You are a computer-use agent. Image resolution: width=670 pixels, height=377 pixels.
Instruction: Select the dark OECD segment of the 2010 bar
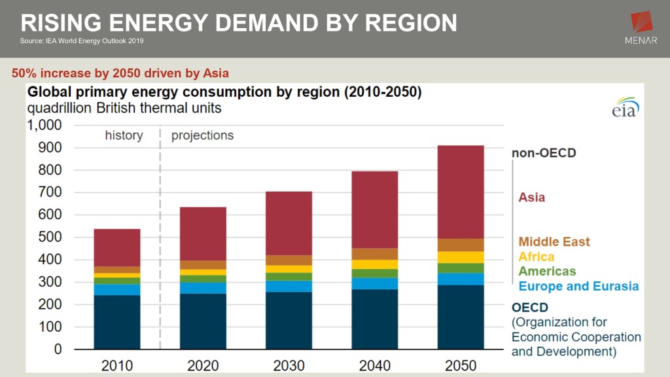[x=117, y=321]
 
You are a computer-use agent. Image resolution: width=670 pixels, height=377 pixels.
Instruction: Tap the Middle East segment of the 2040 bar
[x=374, y=254]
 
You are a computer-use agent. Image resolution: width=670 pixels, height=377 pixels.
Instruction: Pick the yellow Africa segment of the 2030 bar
[x=289, y=269]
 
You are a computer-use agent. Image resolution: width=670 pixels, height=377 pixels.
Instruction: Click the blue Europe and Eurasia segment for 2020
[x=203, y=288]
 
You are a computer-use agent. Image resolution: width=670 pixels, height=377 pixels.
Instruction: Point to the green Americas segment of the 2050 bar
[x=461, y=268]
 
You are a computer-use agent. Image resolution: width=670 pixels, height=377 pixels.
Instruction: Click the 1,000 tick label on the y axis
[x=44, y=125]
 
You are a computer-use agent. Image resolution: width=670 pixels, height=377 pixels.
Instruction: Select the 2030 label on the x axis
[x=289, y=365]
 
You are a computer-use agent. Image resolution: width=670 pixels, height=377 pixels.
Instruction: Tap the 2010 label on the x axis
[x=117, y=365]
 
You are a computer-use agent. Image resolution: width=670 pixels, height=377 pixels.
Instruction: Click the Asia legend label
[x=531, y=197]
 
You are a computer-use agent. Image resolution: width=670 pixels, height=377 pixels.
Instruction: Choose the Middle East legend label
[x=554, y=242]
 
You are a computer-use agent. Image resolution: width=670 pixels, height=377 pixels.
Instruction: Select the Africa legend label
[x=536, y=257]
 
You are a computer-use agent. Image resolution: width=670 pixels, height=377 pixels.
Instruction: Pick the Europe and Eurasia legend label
[x=578, y=286]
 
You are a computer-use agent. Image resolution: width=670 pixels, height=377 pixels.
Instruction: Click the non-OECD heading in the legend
[x=543, y=153]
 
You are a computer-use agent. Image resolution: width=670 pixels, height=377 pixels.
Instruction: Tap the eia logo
[x=626, y=108]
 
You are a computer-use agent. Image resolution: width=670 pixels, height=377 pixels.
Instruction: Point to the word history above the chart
[x=124, y=135]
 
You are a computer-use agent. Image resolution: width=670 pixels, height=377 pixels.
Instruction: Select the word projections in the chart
[x=202, y=135]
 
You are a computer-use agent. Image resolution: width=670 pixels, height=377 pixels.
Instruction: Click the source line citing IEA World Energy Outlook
[x=82, y=41]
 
